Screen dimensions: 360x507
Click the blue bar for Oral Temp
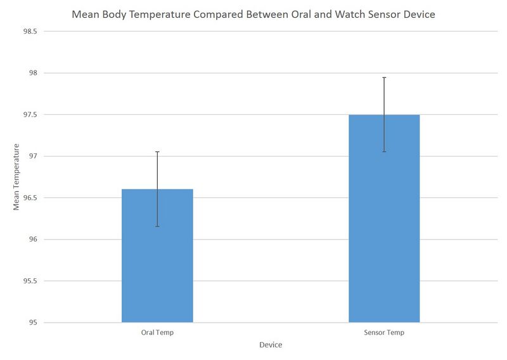[x=157, y=256]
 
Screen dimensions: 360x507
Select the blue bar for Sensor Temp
[x=384, y=219]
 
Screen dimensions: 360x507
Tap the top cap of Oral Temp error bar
[x=157, y=152]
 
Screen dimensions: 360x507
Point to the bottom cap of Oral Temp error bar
[x=157, y=226]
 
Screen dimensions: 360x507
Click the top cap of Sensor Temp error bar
[x=384, y=77]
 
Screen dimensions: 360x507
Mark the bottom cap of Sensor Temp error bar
[x=384, y=152]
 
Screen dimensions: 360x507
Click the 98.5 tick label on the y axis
[x=30, y=31]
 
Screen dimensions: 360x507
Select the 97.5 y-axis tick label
[x=30, y=115]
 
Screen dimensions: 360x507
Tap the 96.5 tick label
[x=30, y=198]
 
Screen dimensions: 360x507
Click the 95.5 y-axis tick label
[x=30, y=281]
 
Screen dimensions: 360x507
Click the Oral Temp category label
[x=157, y=333]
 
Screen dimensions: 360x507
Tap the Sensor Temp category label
[x=384, y=333]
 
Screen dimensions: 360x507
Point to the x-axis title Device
[x=271, y=345]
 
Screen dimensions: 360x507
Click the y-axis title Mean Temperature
[x=17, y=177]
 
